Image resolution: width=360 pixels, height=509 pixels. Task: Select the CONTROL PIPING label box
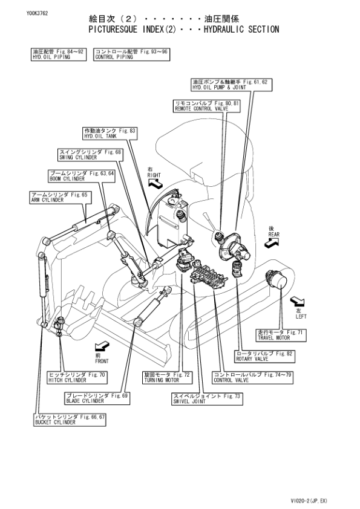tap(131, 55)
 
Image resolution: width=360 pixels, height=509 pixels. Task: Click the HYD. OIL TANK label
tap(110, 134)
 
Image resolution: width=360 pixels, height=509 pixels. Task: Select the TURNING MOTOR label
tap(167, 378)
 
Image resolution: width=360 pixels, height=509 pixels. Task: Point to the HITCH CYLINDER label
tap(77, 378)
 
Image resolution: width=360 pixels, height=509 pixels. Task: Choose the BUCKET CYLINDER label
tap(70, 420)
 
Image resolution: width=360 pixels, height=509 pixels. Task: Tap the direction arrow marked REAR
tap(272, 241)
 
